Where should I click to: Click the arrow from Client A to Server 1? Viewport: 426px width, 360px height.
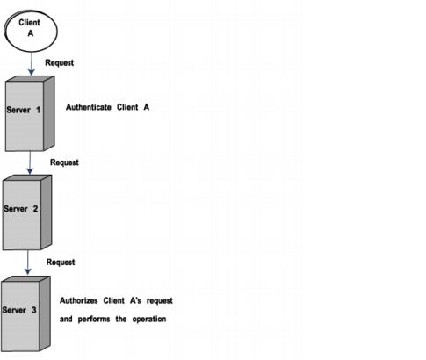(x=32, y=64)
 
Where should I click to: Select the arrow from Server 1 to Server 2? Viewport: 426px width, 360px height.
(x=30, y=163)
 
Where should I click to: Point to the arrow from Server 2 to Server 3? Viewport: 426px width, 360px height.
(x=28, y=263)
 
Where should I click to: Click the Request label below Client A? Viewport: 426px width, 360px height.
(x=60, y=63)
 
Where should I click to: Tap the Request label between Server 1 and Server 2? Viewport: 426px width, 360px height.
(x=64, y=162)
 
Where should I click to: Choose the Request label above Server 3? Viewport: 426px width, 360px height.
(x=61, y=263)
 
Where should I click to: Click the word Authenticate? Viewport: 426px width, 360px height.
(x=89, y=107)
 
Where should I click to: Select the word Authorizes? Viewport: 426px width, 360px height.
(x=79, y=300)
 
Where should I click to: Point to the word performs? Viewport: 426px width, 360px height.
(x=94, y=319)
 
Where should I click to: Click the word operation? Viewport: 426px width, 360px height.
(x=149, y=319)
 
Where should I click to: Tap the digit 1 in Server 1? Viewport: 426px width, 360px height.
(x=38, y=110)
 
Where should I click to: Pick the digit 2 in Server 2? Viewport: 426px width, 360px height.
(x=35, y=209)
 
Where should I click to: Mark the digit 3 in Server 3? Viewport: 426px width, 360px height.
(x=34, y=310)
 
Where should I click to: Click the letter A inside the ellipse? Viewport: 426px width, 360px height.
(x=31, y=33)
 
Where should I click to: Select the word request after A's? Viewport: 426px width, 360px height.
(x=160, y=301)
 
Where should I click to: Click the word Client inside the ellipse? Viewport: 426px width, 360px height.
(x=29, y=23)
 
